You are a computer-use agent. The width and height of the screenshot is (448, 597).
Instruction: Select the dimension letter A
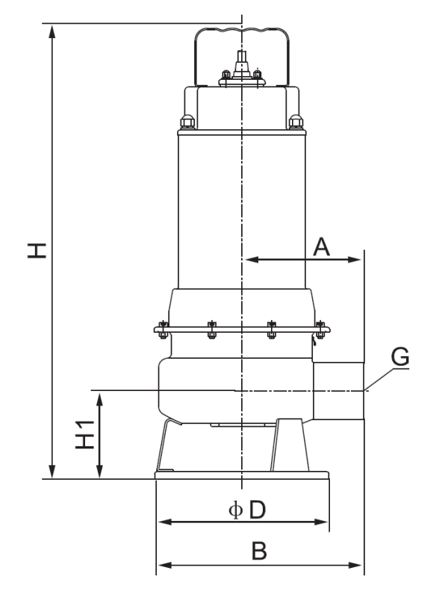(321, 247)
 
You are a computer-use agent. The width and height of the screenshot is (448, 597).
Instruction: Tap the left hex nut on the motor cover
(186, 121)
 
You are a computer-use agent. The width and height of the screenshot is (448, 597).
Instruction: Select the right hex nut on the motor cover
(296, 121)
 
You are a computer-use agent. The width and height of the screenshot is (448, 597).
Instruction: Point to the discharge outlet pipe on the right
(340, 390)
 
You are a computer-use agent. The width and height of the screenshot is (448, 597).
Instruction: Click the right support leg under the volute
(289, 446)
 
